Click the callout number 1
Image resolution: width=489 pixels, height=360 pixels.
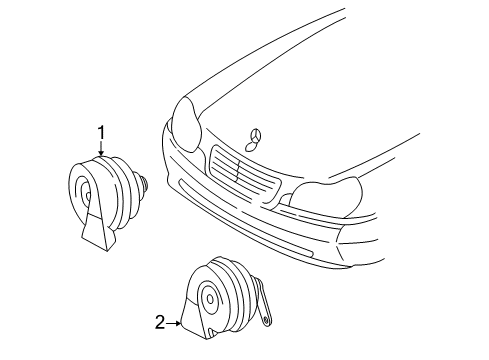pyautogui.click(x=101, y=133)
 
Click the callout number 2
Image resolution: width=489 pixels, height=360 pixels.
pyautogui.click(x=160, y=322)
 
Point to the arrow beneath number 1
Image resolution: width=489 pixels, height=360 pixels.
pyautogui.click(x=101, y=149)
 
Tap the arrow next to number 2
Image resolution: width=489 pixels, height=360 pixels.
pyautogui.click(x=174, y=323)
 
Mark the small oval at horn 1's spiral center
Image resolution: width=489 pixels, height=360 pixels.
pyautogui.click(x=88, y=196)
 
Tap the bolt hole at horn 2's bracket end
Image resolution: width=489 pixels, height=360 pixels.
pyautogui.click(x=266, y=321)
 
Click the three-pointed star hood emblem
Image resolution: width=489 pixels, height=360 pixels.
pyautogui.click(x=257, y=136)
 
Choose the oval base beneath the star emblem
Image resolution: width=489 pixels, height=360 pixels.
pyautogui.click(x=250, y=146)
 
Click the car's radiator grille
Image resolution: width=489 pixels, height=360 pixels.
pyautogui.click(x=245, y=177)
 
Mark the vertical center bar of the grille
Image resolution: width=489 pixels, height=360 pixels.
pyautogui.click(x=239, y=171)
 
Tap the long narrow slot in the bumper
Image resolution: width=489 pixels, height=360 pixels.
pyautogui.click(x=245, y=218)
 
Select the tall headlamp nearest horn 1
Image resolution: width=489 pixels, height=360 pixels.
pyautogui.click(x=187, y=124)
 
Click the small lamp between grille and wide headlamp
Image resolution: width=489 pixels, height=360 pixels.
pyautogui.click(x=284, y=199)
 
